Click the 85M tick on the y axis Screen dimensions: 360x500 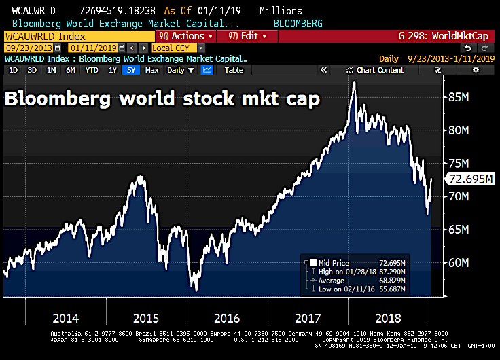pyautogui.click(x=459, y=98)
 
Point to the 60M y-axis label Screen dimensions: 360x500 pyautogui.click(x=459, y=263)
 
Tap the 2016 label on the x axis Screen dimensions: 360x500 pyautogui.click(x=227, y=318)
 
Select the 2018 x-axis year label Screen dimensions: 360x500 pyautogui.click(x=388, y=318)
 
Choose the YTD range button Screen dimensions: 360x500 pyautogui.click(x=92, y=70)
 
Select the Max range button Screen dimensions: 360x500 pyautogui.click(x=152, y=70)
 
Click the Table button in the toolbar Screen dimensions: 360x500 pyautogui.click(x=234, y=70)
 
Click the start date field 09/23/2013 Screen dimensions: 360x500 pyautogui.click(x=28, y=48)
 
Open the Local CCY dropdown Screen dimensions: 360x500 pyautogui.click(x=178, y=48)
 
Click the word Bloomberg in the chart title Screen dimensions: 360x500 pyautogui.click(x=48, y=98)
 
